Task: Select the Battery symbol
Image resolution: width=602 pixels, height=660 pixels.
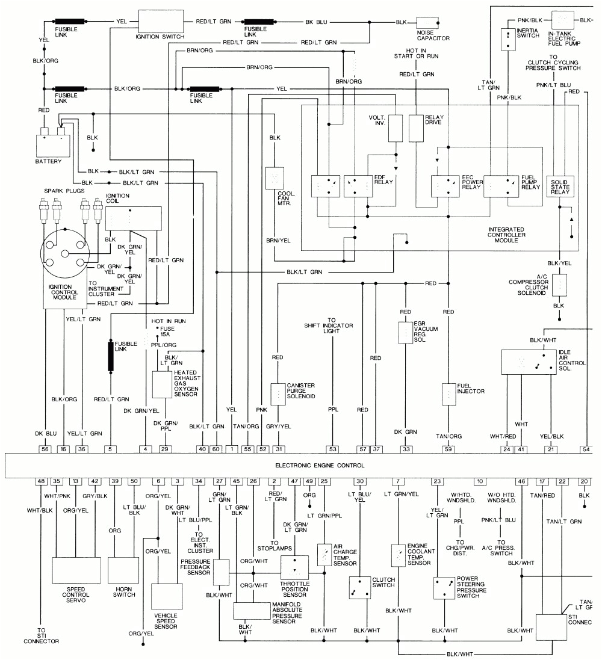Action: [52, 144]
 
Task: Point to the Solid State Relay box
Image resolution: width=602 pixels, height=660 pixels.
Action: [560, 186]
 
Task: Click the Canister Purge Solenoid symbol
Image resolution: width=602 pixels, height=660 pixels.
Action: [278, 393]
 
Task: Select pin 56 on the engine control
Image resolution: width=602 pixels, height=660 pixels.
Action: [45, 448]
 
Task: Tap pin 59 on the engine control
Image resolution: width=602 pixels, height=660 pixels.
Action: [448, 448]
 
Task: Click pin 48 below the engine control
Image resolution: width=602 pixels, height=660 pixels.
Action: [41, 481]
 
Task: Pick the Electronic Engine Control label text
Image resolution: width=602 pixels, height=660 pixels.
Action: [320, 465]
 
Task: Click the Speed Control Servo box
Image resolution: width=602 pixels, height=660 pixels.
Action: [76, 570]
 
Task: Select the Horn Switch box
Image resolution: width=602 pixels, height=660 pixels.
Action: [123, 570]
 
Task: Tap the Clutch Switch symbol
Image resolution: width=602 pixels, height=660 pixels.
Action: [359, 587]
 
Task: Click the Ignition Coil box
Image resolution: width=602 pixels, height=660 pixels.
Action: [134, 218]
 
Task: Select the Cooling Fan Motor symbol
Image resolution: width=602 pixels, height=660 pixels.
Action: [275, 179]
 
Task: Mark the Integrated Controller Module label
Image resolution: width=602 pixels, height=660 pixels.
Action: [506, 235]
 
